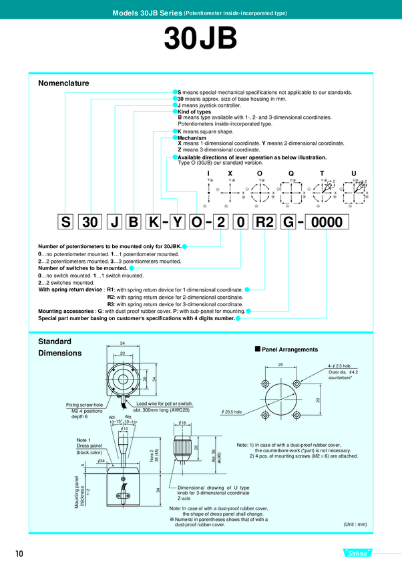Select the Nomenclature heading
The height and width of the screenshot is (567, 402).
(64, 83)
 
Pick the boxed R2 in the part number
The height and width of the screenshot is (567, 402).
(262, 223)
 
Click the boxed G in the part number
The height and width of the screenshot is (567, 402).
(288, 223)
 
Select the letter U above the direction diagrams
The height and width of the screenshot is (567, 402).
(353, 173)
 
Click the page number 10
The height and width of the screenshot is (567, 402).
(19, 553)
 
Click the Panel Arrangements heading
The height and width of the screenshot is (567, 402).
(290, 349)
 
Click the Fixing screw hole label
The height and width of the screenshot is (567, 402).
(84, 404)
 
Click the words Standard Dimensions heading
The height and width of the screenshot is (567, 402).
(61, 347)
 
